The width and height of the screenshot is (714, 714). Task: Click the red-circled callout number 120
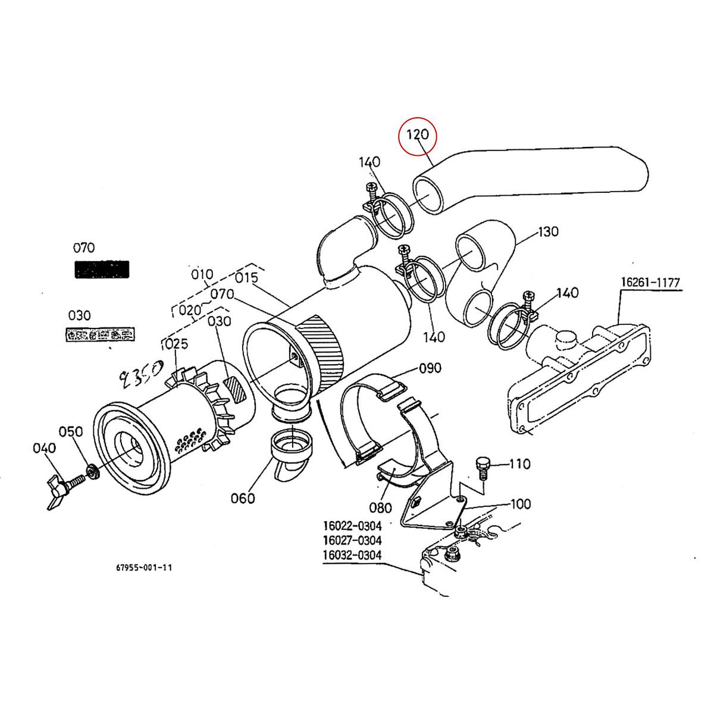tap(418, 135)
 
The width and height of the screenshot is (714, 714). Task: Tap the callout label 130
tap(548, 231)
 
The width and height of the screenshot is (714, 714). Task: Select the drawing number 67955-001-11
tap(144, 568)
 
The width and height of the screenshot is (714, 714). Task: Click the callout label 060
tap(243, 498)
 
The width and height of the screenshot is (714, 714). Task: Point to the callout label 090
tap(430, 368)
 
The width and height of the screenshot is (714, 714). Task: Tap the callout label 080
tap(380, 507)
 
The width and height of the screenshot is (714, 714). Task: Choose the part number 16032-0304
tap(352, 555)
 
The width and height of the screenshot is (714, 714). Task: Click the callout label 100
tap(521, 505)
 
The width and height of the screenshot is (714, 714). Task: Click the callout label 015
tap(246, 278)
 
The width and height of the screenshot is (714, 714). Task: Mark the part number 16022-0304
tap(352, 526)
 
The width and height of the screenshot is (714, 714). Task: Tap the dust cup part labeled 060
tap(291, 449)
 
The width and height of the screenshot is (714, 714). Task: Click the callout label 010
tap(202, 274)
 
